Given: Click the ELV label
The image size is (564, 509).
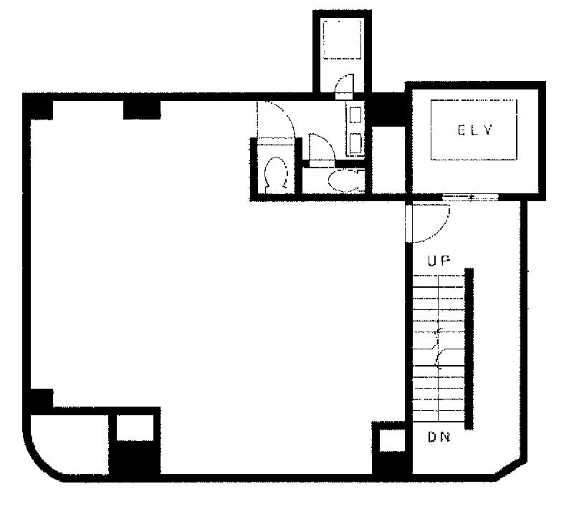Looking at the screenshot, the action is click(x=475, y=130).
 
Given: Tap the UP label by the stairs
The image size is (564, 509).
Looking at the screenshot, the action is click(x=439, y=261).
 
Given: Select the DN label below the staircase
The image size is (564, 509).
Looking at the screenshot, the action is click(x=439, y=437).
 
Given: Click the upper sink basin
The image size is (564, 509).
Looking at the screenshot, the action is click(x=355, y=115).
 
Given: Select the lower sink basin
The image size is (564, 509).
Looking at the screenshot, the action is click(x=355, y=143).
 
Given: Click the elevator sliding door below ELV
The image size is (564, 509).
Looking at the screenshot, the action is click(x=470, y=197).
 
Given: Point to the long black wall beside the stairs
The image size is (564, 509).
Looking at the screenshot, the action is click(x=469, y=349).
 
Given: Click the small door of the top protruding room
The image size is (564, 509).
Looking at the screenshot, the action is click(x=344, y=87).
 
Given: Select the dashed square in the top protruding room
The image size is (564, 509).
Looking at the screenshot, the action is click(x=342, y=39).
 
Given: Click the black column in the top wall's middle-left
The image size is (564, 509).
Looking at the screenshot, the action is click(x=142, y=110).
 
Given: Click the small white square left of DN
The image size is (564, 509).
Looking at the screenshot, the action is click(x=392, y=440).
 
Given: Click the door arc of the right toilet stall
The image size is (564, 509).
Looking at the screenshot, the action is click(x=322, y=147).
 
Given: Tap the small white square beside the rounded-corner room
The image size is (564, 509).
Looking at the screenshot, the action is click(x=135, y=428).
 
